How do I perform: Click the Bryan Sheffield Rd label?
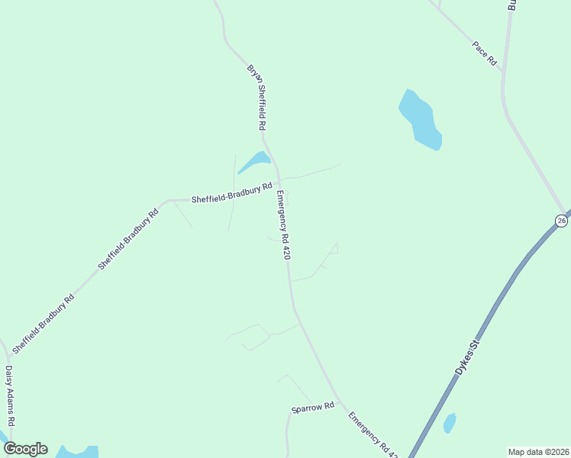[x=256, y=96]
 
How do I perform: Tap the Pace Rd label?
[x=485, y=53]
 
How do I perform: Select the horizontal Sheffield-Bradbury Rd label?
[x=232, y=192]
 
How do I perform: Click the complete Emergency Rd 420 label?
[x=284, y=224]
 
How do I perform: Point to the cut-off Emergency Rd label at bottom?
[x=373, y=434]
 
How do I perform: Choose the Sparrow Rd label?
[x=313, y=408]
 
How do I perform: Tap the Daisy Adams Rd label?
[x=10, y=395]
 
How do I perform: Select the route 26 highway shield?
[x=561, y=221]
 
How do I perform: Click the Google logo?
[x=25, y=449]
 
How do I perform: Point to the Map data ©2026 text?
[x=538, y=452]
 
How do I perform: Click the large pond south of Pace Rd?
[x=421, y=120]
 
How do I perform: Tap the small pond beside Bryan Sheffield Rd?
[x=256, y=161]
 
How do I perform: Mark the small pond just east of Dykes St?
[x=450, y=423]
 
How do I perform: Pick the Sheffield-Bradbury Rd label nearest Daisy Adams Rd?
[x=43, y=323]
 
